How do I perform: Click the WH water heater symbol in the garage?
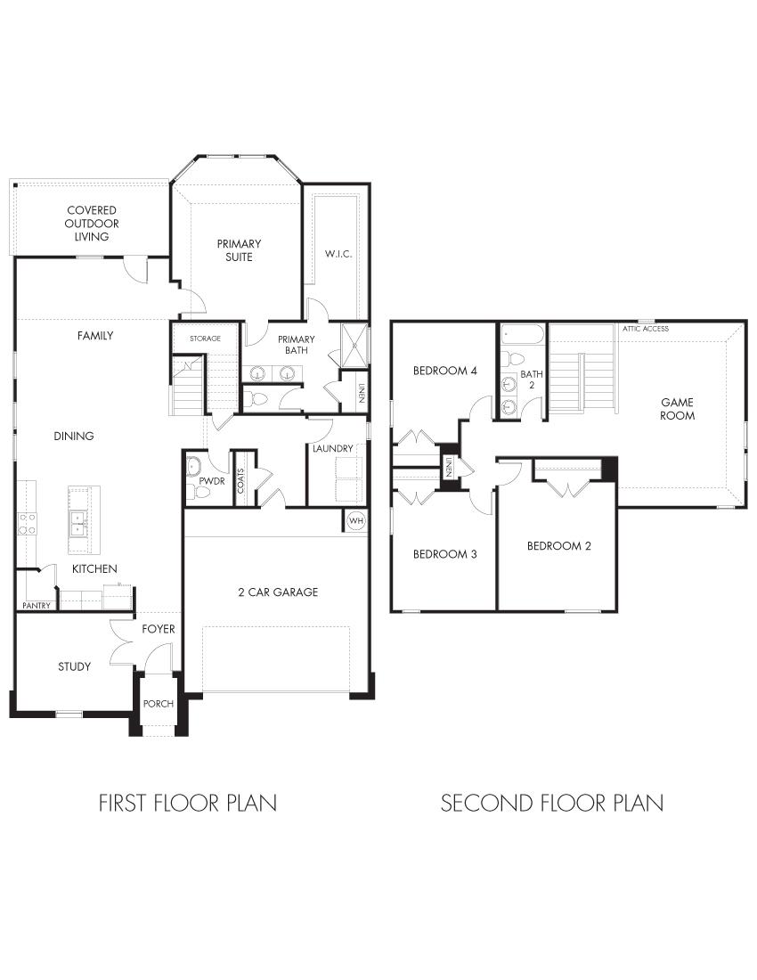(355, 520)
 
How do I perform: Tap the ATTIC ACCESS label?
(646, 329)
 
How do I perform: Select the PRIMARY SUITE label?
(238, 250)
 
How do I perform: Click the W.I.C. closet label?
(338, 254)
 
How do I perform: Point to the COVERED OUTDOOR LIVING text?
(92, 224)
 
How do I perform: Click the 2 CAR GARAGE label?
(277, 592)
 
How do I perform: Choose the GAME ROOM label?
(677, 409)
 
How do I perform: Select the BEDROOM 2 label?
(558, 546)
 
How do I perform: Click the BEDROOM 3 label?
(444, 554)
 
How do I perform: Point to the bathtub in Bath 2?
(522, 336)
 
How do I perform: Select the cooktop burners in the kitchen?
(27, 523)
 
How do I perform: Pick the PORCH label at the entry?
(159, 704)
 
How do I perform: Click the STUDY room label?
(74, 666)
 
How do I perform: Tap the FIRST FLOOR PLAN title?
(187, 803)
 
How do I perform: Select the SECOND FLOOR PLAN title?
(551, 803)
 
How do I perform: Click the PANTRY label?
(36, 606)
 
